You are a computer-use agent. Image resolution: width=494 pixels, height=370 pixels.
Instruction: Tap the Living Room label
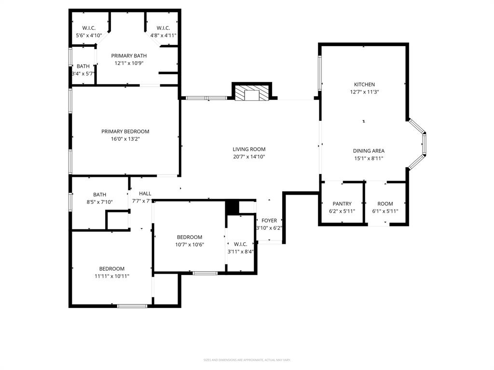click(x=249, y=149)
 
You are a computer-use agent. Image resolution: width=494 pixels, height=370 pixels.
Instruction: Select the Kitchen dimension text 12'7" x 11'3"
click(x=364, y=92)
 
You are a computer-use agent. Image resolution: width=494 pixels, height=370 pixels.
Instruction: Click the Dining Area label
click(x=369, y=151)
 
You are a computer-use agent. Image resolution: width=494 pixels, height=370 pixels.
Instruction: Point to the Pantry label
click(x=342, y=204)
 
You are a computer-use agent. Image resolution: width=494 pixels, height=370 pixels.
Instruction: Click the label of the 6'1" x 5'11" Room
click(x=385, y=204)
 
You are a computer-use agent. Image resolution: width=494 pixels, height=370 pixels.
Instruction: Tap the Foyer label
click(x=269, y=221)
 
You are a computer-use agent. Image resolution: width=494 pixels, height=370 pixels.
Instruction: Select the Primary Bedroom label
click(x=125, y=132)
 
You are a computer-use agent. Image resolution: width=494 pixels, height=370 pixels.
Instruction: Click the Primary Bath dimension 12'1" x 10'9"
click(x=129, y=63)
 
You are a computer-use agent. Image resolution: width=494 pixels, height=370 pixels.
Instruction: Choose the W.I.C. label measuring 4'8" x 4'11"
click(x=163, y=28)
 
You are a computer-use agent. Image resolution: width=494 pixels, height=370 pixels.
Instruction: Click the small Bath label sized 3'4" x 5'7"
click(x=83, y=66)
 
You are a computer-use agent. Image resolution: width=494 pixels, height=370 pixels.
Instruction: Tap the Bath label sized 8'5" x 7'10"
click(x=99, y=195)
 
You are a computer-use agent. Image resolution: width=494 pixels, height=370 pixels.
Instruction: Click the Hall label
click(x=145, y=194)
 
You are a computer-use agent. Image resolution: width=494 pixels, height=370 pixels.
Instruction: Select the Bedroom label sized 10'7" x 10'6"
click(x=189, y=237)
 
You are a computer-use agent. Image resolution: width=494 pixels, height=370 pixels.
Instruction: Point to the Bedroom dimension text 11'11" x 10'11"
click(x=112, y=276)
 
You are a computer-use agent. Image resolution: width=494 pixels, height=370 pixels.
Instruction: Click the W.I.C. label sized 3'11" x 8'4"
click(x=240, y=244)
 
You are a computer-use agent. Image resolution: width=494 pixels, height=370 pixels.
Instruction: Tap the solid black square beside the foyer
click(x=233, y=207)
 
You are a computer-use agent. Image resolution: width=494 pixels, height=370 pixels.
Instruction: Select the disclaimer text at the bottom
click(x=247, y=360)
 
